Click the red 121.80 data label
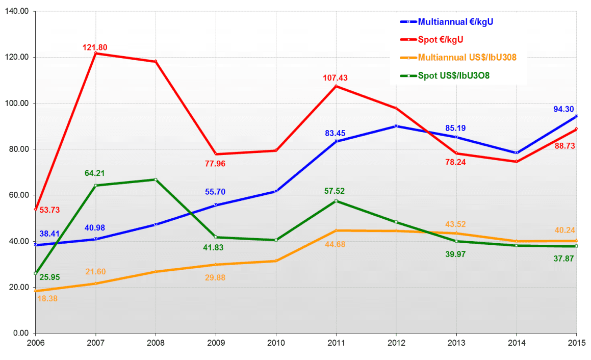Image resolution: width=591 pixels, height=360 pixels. [95, 47]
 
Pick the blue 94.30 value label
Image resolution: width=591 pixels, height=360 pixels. [565, 109]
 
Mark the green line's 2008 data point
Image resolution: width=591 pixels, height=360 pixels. [156, 179]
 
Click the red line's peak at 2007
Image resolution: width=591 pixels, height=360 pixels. [95, 53]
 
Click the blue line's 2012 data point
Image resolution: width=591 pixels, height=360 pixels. [396, 126]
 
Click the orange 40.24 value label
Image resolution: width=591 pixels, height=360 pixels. [566, 229]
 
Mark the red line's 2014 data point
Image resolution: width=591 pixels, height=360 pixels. [517, 162]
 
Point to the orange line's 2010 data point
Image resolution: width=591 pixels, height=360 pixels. [276, 261]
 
